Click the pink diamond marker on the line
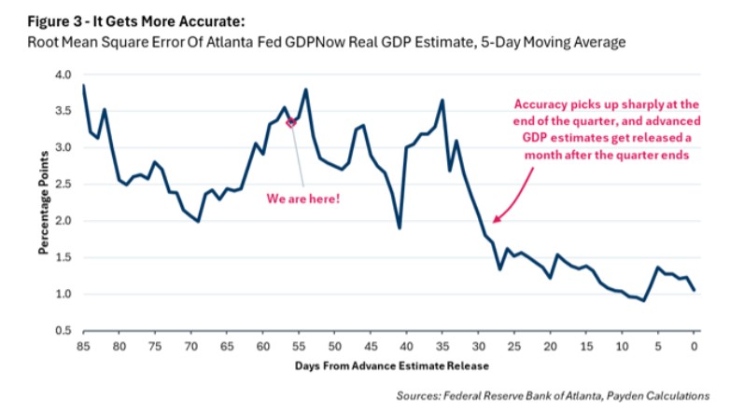291,122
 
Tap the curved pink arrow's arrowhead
495,220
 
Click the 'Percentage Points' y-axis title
43,202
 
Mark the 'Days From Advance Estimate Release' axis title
387,365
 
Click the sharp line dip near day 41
400,227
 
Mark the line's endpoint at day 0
694,291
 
